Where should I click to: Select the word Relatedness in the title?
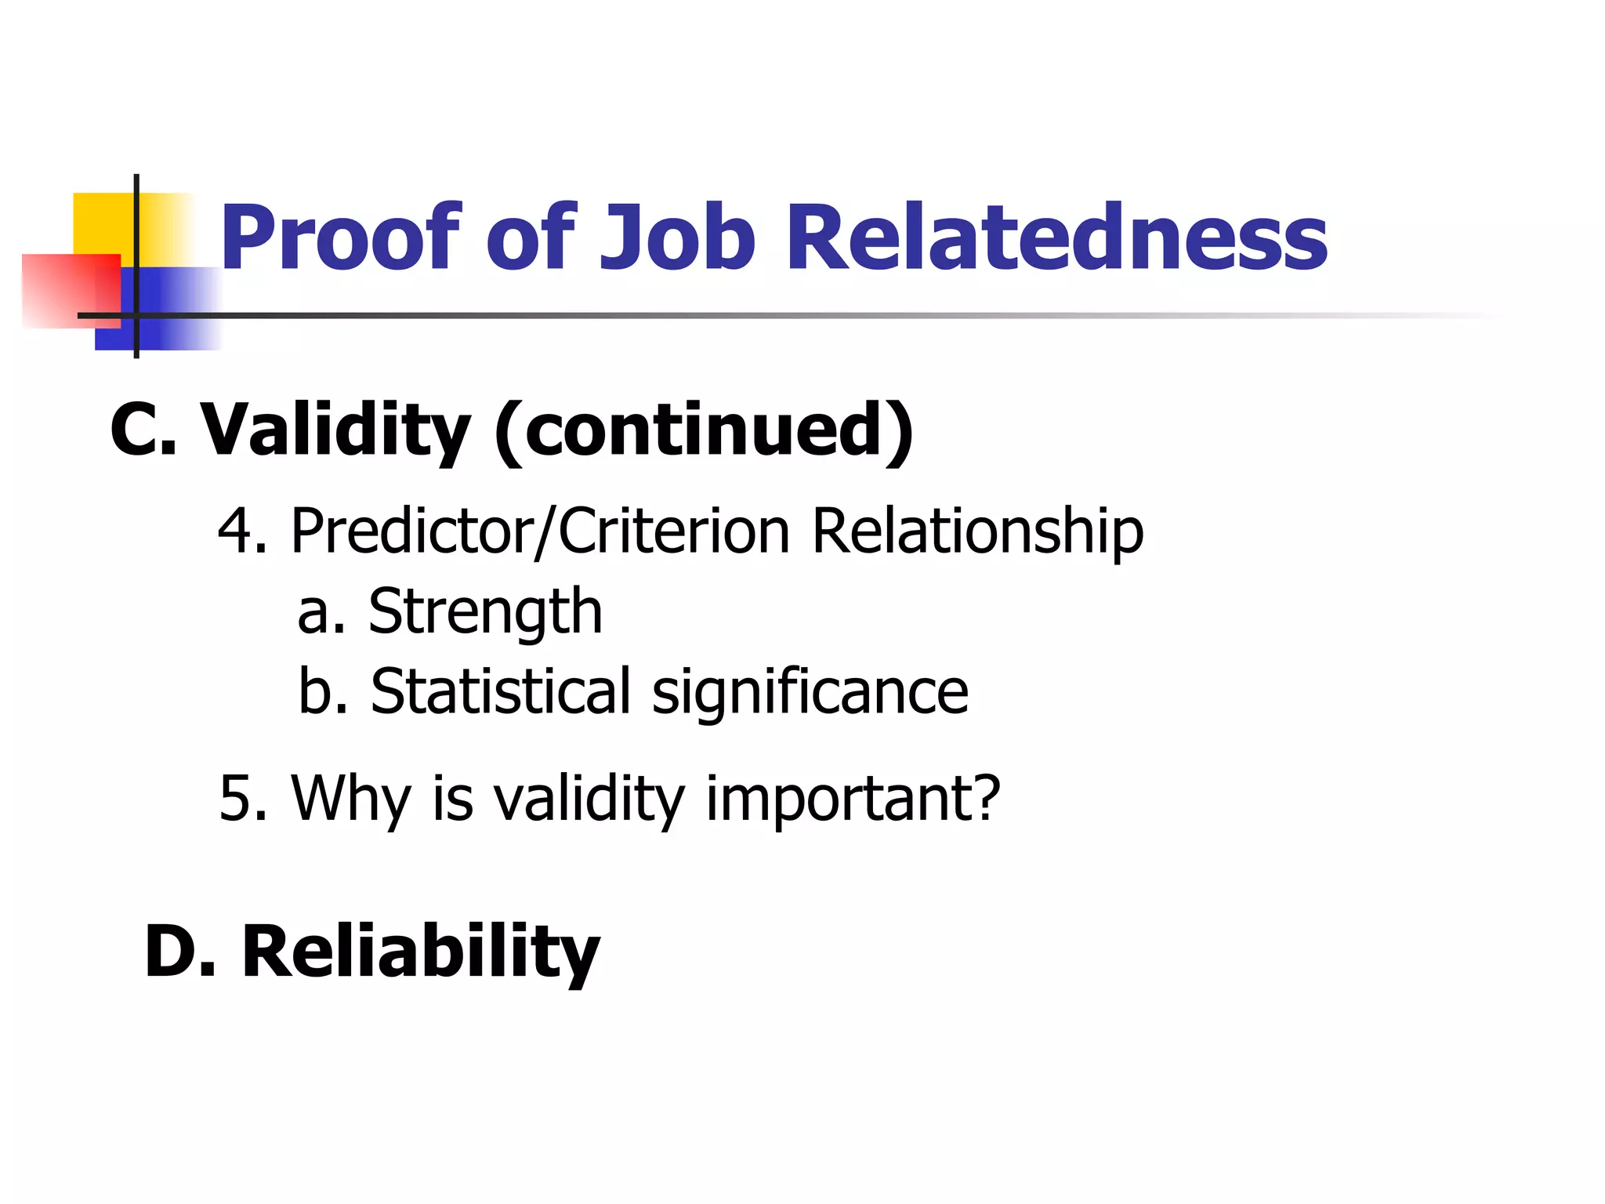point(1056,238)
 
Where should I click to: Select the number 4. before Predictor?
point(242,531)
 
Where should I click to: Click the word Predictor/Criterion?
point(540,531)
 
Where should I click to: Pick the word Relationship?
point(977,531)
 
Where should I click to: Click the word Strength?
point(485,612)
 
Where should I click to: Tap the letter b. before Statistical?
point(322,691)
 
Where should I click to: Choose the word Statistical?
point(500,691)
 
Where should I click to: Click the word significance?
point(810,693)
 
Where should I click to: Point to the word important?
point(853,799)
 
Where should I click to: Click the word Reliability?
point(421,952)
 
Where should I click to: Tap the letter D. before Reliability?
point(179,952)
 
